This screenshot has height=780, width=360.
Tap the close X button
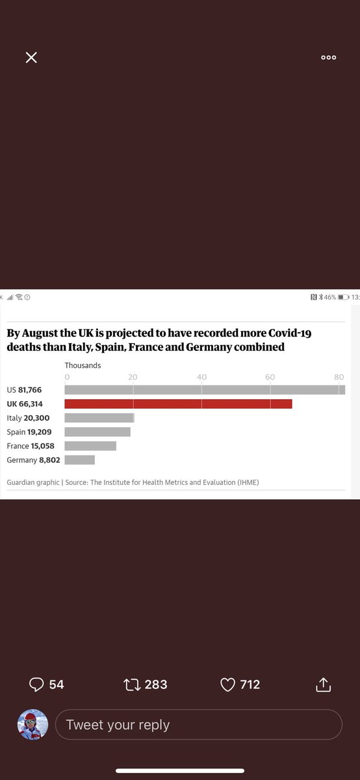31,57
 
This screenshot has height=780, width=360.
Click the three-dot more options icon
329,57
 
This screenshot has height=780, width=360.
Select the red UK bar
178,404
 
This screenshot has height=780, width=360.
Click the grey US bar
205,389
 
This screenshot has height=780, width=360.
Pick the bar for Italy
99,418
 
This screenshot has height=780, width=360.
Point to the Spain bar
97,432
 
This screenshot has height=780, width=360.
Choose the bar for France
90,446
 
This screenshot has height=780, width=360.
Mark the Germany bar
80,460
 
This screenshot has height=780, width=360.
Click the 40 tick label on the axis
201,377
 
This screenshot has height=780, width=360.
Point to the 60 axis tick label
270,377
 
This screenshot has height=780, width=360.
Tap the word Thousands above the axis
83,365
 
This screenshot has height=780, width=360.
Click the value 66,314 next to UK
31,404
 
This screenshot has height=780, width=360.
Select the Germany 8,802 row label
33,460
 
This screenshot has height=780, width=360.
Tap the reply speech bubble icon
36,684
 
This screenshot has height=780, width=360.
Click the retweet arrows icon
132,684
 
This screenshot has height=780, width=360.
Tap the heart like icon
227,684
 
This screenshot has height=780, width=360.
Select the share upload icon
323,684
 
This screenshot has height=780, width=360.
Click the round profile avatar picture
32,724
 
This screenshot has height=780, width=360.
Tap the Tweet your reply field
198,724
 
